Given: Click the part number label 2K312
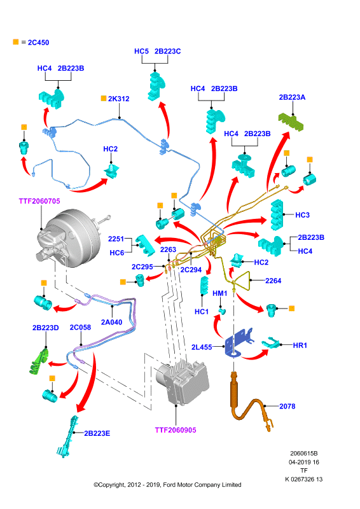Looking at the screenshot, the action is click(118, 99).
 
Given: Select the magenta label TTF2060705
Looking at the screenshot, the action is click(39, 201).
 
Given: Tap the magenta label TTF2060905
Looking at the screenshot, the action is click(176, 430).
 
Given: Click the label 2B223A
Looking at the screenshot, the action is click(292, 97).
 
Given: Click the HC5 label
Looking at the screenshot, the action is click(142, 52).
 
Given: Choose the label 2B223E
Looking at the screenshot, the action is click(97, 433).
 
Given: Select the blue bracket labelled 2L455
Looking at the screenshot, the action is click(239, 344).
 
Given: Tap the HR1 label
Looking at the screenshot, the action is click(300, 345).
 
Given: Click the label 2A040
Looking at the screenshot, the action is click(112, 322).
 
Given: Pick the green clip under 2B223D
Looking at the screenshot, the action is click(39, 361).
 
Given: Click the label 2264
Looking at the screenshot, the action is click(273, 281).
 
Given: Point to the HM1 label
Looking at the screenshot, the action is click(220, 293).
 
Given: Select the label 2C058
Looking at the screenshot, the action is click(81, 327).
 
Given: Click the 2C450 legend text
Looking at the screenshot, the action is click(38, 43).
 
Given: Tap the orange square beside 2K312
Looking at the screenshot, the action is click(104, 98).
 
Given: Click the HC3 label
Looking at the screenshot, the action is click(303, 215).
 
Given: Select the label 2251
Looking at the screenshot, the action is click(116, 239).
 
